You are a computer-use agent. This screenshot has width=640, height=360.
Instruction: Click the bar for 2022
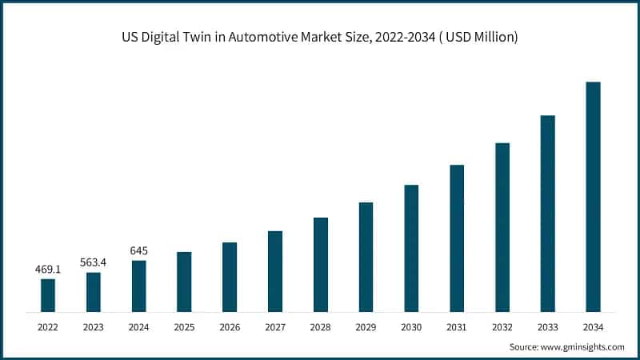click(48, 294)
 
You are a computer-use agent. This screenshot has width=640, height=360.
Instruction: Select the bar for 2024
click(138, 286)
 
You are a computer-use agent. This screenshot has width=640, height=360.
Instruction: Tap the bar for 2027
click(274, 270)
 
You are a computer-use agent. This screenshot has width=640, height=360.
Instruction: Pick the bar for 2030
click(411, 248)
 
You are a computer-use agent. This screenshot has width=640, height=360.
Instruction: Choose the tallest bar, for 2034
click(593, 196)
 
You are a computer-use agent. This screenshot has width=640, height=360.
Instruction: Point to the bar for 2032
click(502, 226)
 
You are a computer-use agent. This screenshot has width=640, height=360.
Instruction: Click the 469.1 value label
click(48, 270)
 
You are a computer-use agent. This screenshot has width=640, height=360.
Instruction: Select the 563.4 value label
click(94, 262)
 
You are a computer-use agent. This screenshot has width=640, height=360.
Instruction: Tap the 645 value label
click(138, 250)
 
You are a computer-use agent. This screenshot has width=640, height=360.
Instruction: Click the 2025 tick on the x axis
click(184, 327)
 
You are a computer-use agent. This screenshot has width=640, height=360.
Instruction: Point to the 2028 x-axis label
click(320, 327)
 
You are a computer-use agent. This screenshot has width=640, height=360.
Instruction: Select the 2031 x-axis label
click(457, 327)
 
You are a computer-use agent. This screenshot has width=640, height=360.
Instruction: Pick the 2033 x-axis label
click(547, 327)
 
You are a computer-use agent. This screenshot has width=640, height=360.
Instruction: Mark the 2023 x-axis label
click(94, 327)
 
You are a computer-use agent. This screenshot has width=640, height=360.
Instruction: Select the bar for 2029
click(366, 256)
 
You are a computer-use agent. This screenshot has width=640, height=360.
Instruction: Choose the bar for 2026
click(230, 276)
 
